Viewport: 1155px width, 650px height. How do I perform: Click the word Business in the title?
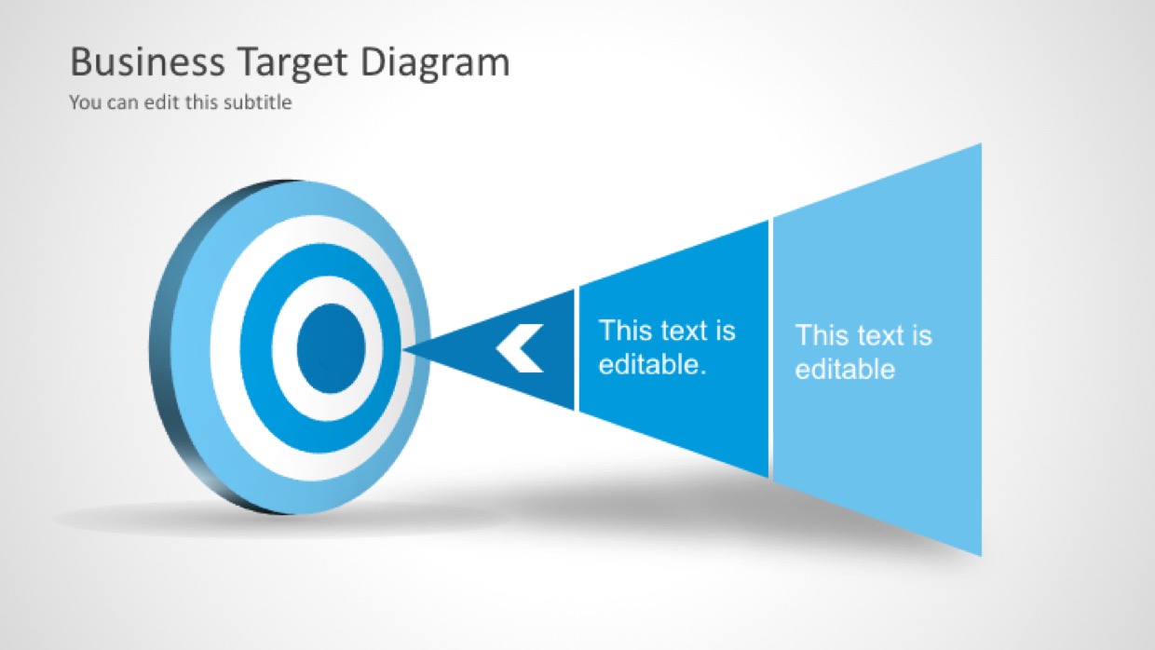click(x=147, y=61)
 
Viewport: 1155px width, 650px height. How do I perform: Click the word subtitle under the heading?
click(x=258, y=102)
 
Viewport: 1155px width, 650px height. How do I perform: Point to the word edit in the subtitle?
click(x=161, y=102)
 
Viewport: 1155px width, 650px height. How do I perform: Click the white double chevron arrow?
click(x=520, y=348)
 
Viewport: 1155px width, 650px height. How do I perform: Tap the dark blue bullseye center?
click(x=331, y=348)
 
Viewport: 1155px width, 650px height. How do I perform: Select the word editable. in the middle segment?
click(x=652, y=364)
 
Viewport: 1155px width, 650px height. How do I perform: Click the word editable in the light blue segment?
click(x=845, y=369)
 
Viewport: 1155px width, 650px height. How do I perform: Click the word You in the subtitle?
click(x=86, y=102)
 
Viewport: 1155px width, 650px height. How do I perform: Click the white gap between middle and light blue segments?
click(x=771, y=348)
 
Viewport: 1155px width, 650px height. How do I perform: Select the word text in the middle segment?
click(x=685, y=331)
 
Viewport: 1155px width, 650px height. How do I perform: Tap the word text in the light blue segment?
click(x=881, y=335)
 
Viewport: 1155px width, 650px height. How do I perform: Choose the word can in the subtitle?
click(x=123, y=102)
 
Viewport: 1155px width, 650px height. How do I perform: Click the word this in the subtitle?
click(x=201, y=102)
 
